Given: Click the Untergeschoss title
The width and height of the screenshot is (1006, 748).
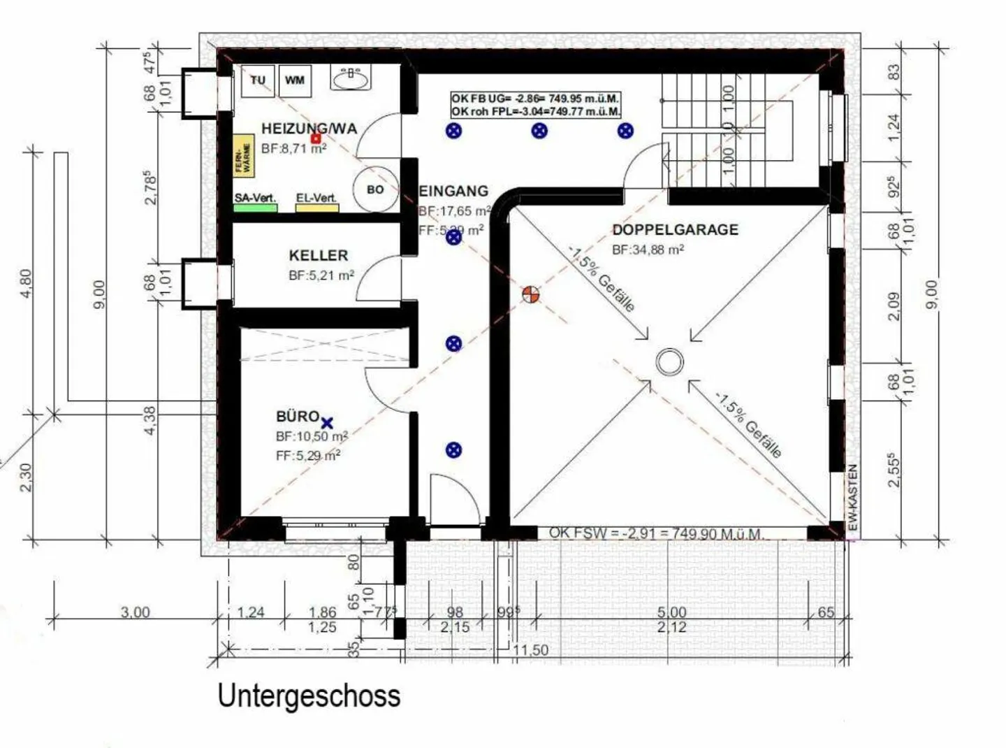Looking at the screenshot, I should (x=309, y=696).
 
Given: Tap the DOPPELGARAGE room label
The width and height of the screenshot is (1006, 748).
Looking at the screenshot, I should (x=675, y=229).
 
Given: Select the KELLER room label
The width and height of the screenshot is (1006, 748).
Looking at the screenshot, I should (x=318, y=255).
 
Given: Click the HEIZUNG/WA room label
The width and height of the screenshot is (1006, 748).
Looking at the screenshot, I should (x=309, y=129).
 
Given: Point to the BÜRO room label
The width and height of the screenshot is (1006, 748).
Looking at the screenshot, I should (x=298, y=417).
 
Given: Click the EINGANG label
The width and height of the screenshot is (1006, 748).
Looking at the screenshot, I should (x=453, y=191).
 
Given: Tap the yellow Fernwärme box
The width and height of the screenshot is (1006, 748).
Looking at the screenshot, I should (x=244, y=156).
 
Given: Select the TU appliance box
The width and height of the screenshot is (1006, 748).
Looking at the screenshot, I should (x=258, y=80).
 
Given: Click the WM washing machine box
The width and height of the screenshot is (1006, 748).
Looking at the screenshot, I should (x=295, y=80).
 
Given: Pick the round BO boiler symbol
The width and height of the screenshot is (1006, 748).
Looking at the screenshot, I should (x=375, y=189).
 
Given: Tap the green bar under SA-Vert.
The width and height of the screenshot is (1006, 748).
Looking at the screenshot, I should (x=256, y=208).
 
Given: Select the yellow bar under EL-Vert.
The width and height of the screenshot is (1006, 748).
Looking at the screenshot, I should (x=317, y=208).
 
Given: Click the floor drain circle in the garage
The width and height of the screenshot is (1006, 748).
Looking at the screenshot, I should (x=669, y=362).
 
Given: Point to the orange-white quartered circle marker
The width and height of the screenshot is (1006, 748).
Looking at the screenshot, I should (x=531, y=295).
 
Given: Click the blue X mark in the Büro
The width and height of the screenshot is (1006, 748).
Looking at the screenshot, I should (x=327, y=422).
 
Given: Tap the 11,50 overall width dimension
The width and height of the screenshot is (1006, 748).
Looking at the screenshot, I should (x=530, y=650).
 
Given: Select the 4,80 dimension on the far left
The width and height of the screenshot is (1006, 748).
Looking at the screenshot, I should (x=26, y=283).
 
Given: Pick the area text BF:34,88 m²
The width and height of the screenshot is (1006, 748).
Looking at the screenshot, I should (x=648, y=250).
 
